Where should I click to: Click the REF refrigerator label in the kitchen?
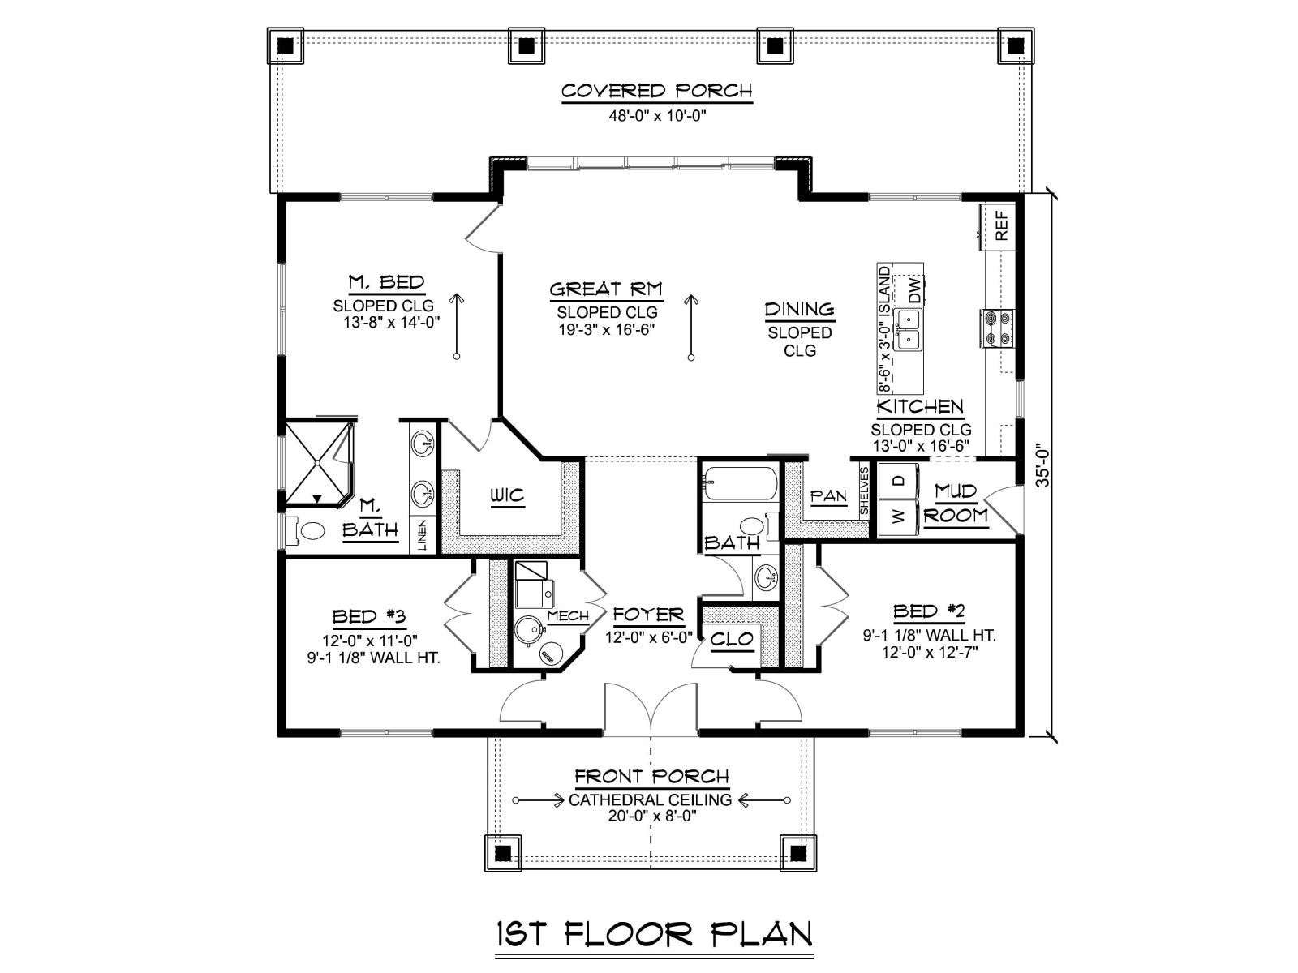click(1001, 225)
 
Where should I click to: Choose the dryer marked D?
click(898, 481)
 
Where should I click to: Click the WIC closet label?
click(507, 495)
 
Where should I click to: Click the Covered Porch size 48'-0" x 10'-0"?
click(658, 115)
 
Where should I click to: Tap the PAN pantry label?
click(828, 497)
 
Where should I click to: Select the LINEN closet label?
click(422, 535)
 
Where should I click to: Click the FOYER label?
click(648, 615)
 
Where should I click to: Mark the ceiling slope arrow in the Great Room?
click(690, 328)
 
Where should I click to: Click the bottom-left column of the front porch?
click(503, 853)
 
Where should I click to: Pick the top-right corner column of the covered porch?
click(1016, 45)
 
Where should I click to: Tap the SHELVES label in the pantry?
click(863, 491)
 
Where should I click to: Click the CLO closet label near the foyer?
click(732, 639)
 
